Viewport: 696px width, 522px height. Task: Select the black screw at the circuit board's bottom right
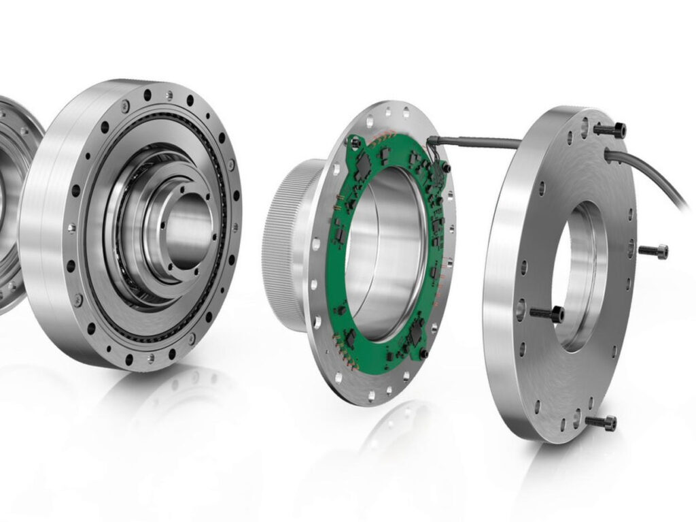click(x=423, y=353)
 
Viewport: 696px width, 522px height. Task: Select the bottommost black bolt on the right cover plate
click(x=601, y=423)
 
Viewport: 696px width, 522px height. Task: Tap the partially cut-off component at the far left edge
click(x=14, y=204)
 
